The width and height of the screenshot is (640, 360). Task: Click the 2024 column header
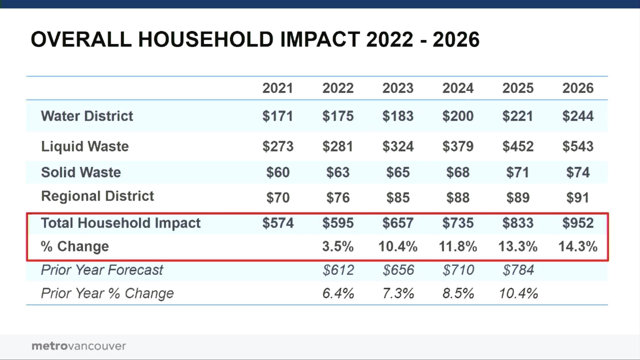[458, 88]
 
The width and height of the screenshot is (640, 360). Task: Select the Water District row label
[87, 116]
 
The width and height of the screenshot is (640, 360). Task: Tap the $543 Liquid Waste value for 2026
[578, 146]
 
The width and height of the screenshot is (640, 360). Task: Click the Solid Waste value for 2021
[278, 172]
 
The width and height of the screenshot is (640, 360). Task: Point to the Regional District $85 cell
[398, 197]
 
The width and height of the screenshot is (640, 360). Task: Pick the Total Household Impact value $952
[578, 223]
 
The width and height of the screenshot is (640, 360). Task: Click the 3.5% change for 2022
[338, 246]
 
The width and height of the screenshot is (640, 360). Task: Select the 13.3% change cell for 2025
[518, 246]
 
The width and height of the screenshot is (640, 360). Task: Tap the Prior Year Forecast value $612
[338, 270]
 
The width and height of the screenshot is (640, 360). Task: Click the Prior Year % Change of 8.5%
[458, 293]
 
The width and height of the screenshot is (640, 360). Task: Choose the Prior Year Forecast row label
[102, 270]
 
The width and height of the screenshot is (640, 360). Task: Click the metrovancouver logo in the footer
[79, 346]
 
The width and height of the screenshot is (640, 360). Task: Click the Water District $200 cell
[458, 116]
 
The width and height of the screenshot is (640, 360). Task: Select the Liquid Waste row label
[85, 146]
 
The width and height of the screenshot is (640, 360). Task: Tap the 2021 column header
[278, 88]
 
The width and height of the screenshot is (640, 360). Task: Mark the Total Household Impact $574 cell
[278, 223]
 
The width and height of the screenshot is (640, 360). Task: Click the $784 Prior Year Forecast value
[518, 270]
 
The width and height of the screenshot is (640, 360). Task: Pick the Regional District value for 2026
[578, 197]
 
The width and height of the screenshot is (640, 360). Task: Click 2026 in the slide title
[456, 40]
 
